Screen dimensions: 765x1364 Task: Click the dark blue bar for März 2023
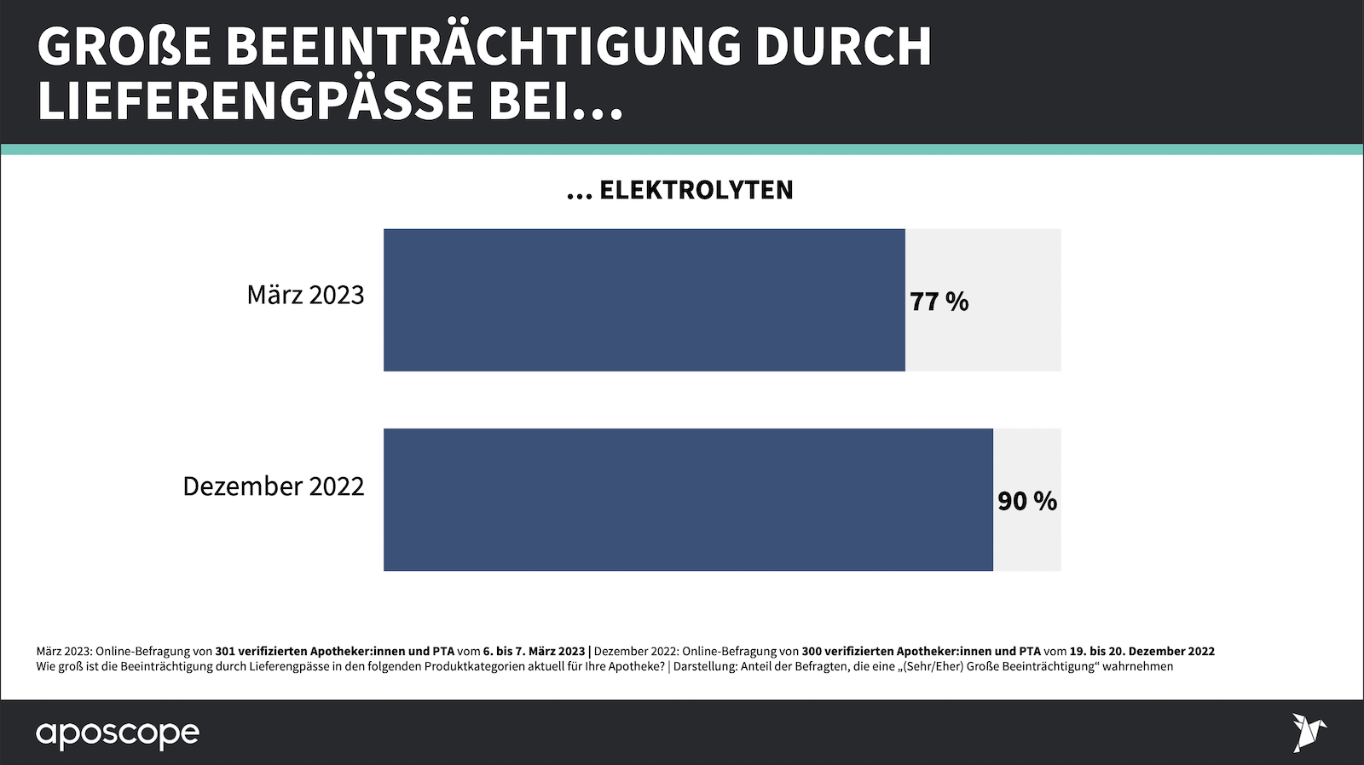644,300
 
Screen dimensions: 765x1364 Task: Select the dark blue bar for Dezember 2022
688,499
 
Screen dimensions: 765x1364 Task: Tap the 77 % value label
939,302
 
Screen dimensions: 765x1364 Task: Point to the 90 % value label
1027,501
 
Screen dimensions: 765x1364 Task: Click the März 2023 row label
305,295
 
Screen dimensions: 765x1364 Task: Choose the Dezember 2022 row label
273,486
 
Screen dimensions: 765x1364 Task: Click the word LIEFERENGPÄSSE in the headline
256,101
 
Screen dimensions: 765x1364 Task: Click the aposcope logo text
118,733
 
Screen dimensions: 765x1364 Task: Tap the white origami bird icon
1309,732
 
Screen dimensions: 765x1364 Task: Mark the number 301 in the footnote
225,652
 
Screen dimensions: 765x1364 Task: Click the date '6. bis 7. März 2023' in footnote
534,652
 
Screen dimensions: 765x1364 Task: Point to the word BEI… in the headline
555,101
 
